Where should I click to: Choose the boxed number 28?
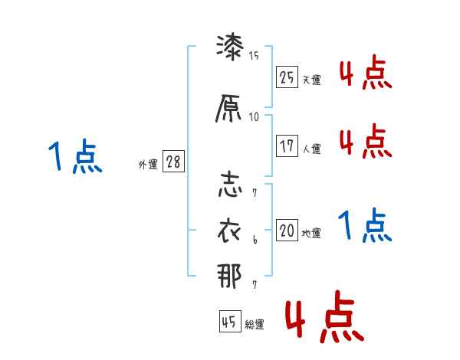pyautogui.click(x=172, y=162)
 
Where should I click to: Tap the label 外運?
pyautogui.click(x=147, y=164)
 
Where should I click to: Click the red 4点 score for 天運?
pyautogui.click(x=365, y=74)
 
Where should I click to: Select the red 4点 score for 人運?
pyautogui.click(x=365, y=142)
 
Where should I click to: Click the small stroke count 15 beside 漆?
pyautogui.click(x=254, y=55)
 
